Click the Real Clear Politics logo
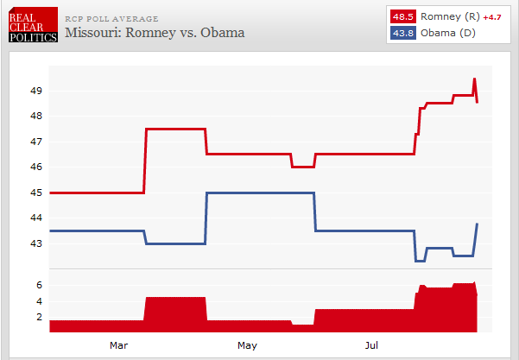[32, 24]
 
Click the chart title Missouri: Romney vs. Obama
[155, 33]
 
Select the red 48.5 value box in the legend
[402, 16]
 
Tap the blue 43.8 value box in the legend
[402, 33]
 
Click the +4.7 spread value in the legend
[491, 17]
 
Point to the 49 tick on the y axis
[36, 91]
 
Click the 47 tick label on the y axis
[36, 142]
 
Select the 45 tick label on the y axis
[36, 193]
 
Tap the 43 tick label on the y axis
[36, 243]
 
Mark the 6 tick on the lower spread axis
[39, 285]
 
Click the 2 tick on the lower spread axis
[39, 317]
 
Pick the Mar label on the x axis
[119, 345]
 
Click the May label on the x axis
[247, 345]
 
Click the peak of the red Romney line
[474, 79]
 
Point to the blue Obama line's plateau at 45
[259, 193]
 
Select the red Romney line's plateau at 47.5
[175, 129]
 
